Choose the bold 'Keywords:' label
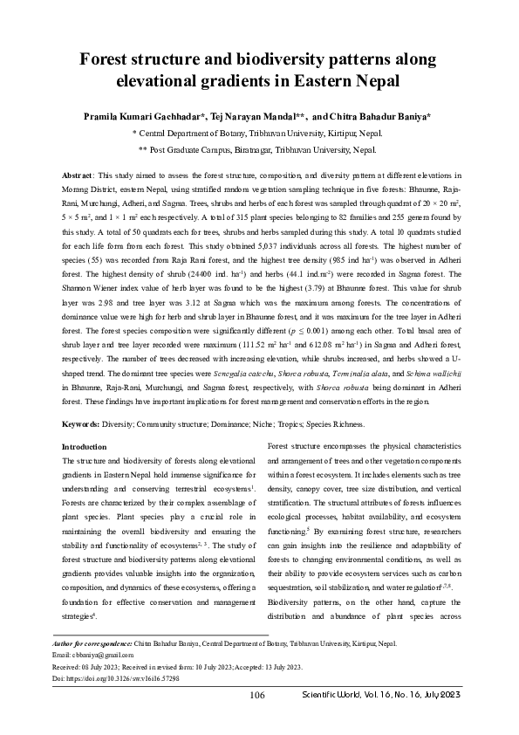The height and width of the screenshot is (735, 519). point(86,423)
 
